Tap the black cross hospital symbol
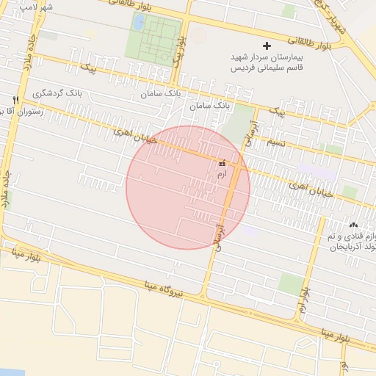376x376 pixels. coord(267,46)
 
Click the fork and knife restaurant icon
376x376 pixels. coord(14,99)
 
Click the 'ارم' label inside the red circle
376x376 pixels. coord(222,175)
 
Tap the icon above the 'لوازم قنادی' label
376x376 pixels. coord(354,225)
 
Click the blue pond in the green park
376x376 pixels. coord(139,23)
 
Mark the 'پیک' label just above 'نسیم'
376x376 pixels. coord(278,112)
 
